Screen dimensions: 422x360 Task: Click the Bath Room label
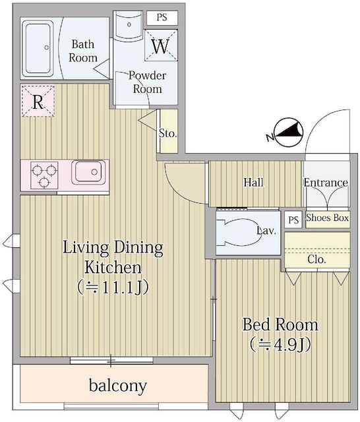(84, 51)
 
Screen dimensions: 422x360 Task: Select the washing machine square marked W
(160, 47)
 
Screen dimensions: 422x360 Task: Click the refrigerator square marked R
(38, 102)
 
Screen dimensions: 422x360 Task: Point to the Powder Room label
(148, 82)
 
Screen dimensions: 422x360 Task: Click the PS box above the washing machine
(162, 18)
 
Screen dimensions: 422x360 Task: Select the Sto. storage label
(168, 133)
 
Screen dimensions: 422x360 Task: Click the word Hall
(255, 182)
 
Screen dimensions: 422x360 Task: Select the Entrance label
(326, 183)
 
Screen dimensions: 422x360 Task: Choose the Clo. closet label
(316, 259)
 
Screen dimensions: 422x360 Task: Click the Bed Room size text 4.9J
(280, 344)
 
